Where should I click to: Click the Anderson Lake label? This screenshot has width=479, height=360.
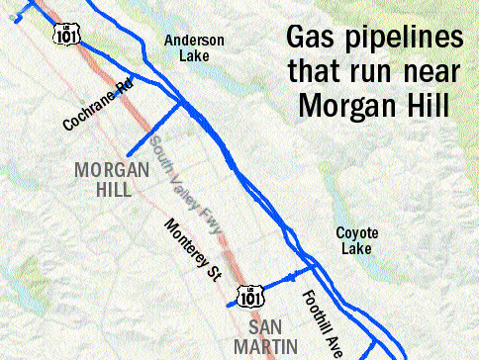pos(195,48)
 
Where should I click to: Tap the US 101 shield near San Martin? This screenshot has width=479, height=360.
pos(248,294)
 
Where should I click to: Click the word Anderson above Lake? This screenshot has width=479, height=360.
pos(195,41)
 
